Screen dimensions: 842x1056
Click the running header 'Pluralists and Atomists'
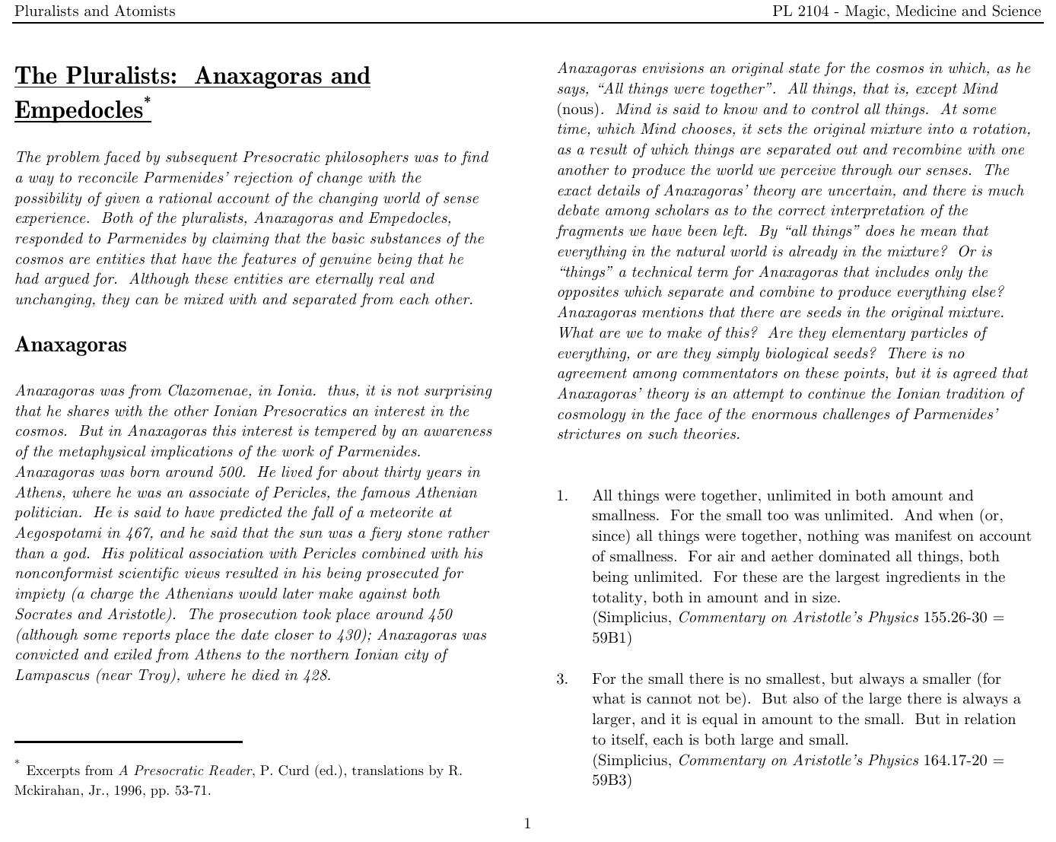(94, 11)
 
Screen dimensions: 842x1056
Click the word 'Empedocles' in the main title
(78, 110)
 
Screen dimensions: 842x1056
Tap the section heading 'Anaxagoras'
(71, 345)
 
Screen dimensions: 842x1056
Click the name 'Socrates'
(44, 615)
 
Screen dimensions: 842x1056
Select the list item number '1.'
(562, 496)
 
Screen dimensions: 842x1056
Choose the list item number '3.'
(562, 679)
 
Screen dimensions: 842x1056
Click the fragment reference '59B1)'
(612, 638)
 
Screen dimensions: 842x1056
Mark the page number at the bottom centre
(527, 824)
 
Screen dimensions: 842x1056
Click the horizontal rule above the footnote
(129, 741)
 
